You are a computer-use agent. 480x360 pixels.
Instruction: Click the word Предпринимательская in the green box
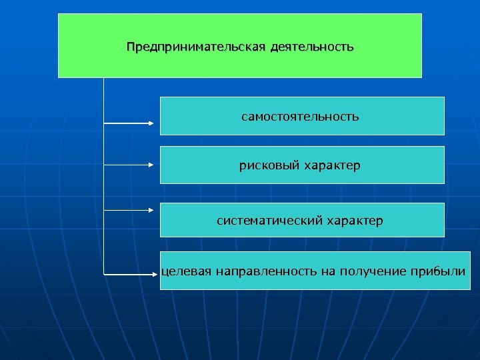click(x=196, y=48)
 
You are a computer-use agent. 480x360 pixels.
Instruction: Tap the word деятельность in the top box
click(x=312, y=48)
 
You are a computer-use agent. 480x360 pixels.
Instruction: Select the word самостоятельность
click(x=300, y=117)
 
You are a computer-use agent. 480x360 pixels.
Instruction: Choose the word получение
click(x=368, y=271)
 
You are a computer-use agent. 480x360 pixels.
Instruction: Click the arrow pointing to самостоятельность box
click(x=129, y=123)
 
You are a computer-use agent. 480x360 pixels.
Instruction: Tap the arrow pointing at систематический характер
click(x=129, y=209)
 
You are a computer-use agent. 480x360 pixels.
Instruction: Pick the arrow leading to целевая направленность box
click(x=129, y=273)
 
